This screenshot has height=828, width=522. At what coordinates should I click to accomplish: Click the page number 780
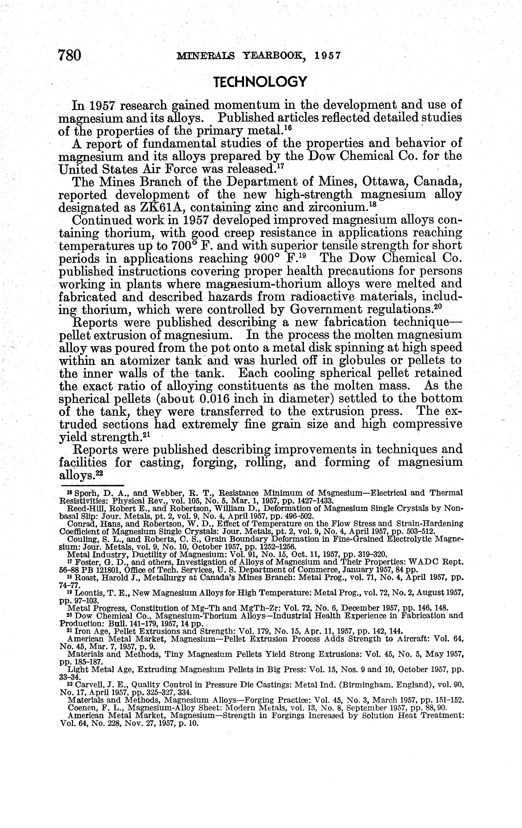(70, 55)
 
